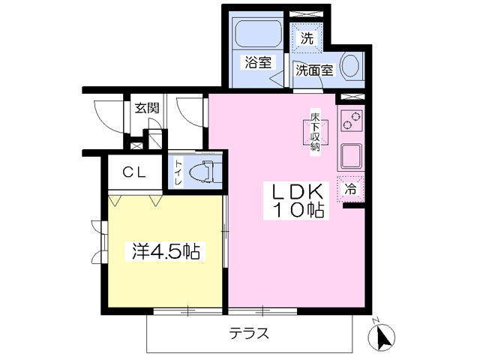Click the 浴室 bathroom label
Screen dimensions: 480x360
(x=258, y=63)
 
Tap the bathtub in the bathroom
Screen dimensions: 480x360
(x=258, y=33)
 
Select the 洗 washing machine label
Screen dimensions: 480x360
(x=307, y=38)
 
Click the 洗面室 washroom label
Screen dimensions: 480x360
(x=314, y=70)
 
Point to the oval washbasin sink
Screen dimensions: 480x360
(x=350, y=65)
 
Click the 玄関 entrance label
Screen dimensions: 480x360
(x=147, y=108)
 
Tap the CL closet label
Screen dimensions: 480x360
(x=134, y=173)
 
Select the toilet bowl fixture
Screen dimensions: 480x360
(x=205, y=172)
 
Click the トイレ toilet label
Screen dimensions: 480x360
(x=178, y=172)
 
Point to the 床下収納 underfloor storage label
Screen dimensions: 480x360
(x=315, y=133)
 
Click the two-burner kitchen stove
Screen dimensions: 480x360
(x=351, y=121)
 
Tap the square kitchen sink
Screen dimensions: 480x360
(x=351, y=156)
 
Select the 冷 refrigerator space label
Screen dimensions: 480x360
(x=350, y=190)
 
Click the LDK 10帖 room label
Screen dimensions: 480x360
(x=297, y=201)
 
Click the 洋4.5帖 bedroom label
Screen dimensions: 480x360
(x=166, y=251)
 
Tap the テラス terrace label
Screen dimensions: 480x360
(x=249, y=333)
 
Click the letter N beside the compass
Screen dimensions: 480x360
(x=376, y=321)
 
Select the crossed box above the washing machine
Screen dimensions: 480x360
(x=307, y=13)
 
